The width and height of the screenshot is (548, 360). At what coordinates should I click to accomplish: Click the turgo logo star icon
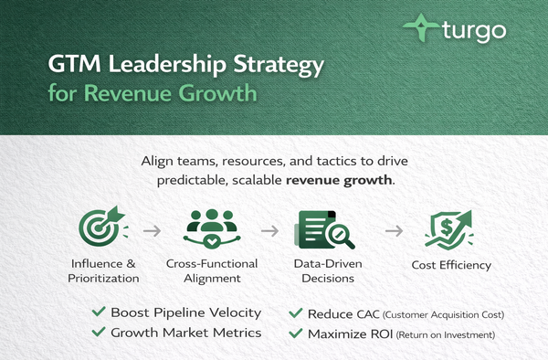point(417,29)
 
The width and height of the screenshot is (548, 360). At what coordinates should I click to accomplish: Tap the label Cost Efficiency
point(451,266)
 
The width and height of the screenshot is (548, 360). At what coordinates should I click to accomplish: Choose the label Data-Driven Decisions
point(327,272)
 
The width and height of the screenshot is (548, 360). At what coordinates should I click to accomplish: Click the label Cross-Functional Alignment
point(212,272)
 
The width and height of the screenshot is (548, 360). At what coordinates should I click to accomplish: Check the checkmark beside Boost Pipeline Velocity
point(98,312)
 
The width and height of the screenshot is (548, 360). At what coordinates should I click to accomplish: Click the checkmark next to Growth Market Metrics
point(98,334)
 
